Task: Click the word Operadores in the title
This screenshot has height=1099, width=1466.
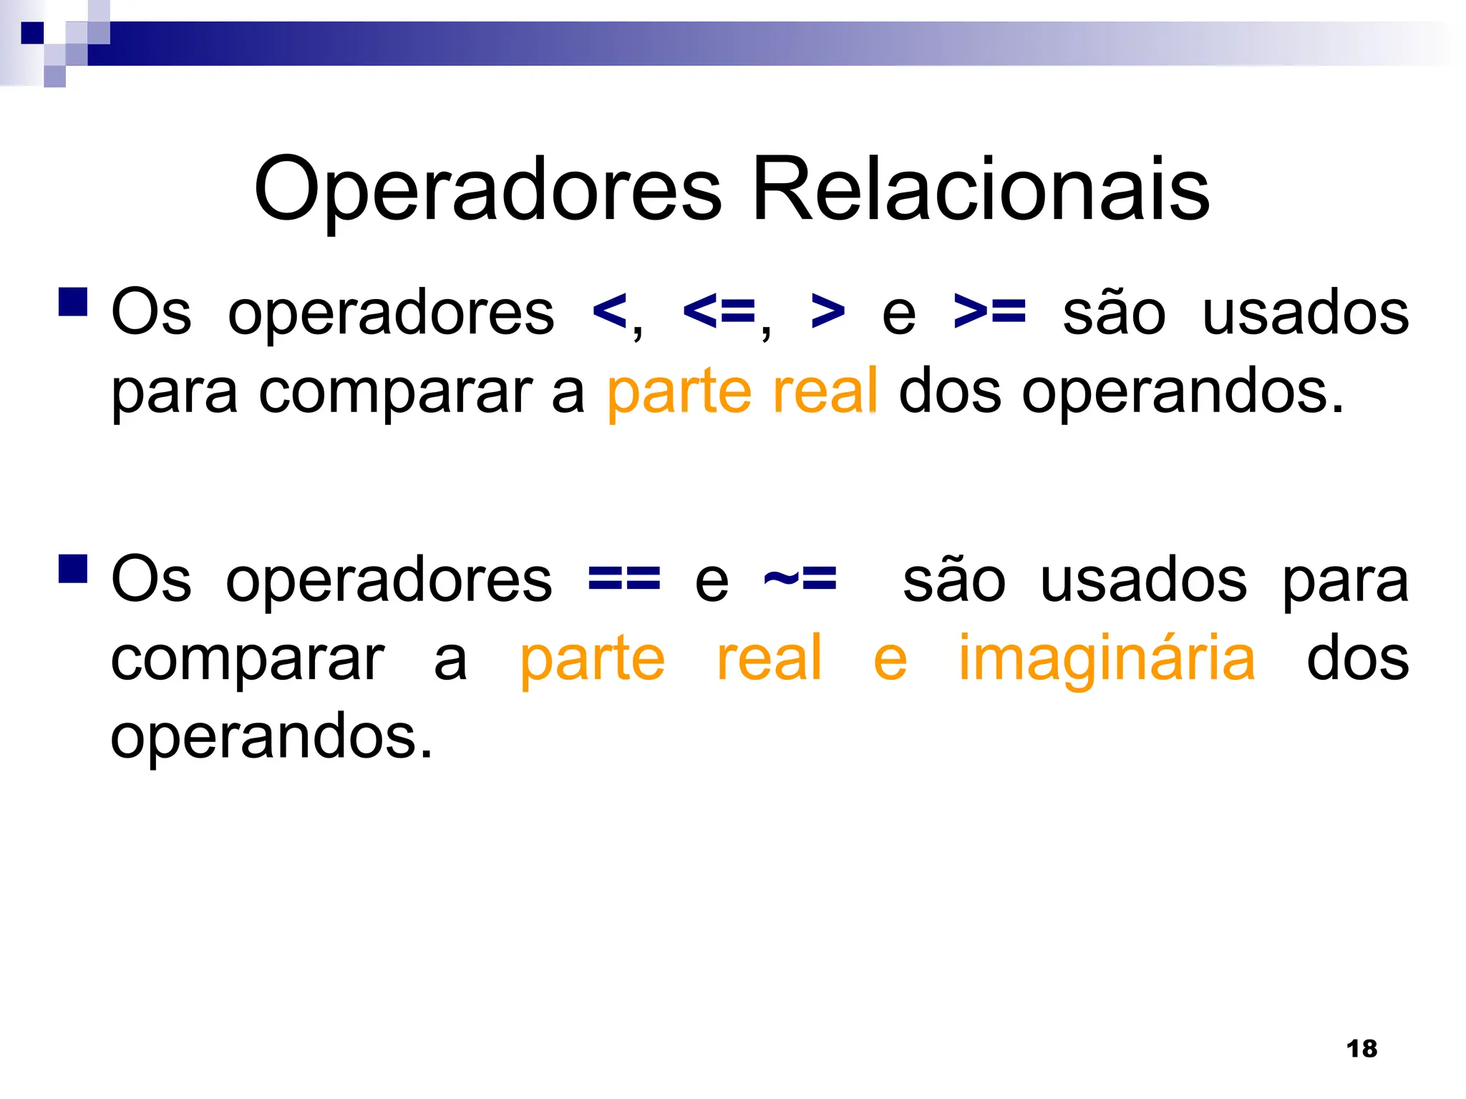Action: pos(487,190)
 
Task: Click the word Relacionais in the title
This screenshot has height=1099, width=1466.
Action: pos(981,190)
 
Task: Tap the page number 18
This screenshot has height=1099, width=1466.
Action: pos(1361,1049)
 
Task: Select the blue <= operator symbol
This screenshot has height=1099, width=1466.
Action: pos(719,312)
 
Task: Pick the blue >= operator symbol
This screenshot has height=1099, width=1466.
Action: pos(990,312)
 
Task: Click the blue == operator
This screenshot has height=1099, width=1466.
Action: pos(623,579)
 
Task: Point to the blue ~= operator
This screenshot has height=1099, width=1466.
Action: pos(800,579)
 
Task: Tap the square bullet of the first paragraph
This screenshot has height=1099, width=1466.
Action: pos(73,302)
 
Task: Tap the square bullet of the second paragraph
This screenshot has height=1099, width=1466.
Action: pos(73,569)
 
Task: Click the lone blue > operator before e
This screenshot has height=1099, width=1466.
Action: pos(828,312)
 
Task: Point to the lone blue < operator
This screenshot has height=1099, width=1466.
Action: pos(609,312)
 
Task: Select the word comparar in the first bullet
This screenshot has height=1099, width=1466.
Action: pos(395,394)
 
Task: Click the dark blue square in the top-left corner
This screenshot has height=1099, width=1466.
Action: pos(32,33)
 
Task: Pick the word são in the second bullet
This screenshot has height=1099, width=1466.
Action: pos(954,580)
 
